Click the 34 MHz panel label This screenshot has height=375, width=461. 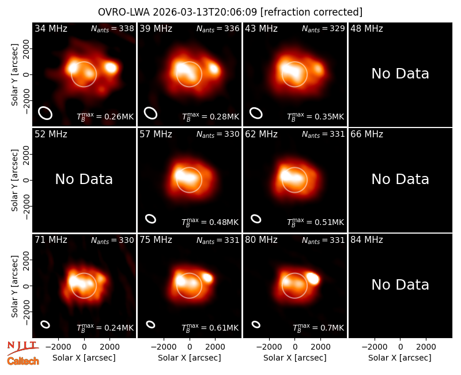(x=51, y=28)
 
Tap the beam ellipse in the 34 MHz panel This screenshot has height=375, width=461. (x=46, y=113)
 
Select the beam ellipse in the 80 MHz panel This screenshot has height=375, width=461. (x=256, y=324)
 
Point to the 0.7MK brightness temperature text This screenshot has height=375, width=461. (x=318, y=327)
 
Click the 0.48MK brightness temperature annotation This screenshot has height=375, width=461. (x=210, y=222)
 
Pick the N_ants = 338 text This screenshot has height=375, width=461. (x=112, y=29)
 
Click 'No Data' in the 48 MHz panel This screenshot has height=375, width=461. (x=400, y=74)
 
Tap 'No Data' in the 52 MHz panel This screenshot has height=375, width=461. (x=84, y=179)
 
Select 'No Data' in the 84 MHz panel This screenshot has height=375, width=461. (x=400, y=284)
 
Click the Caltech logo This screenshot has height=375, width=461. (x=23, y=361)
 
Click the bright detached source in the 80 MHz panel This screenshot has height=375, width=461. (x=313, y=278)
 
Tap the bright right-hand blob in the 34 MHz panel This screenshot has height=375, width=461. (x=111, y=67)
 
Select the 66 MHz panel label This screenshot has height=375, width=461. (x=366, y=134)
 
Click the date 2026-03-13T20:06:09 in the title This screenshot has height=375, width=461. (x=205, y=12)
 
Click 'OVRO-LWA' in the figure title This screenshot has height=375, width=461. (x=124, y=12)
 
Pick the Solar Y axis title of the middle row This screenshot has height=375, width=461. (x=14, y=180)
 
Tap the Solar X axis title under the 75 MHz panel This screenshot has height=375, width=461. (x=190, y=358)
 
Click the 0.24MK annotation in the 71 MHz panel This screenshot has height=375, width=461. (x=105, y=327)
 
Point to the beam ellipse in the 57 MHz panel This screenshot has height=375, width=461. (x=150, y=219)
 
